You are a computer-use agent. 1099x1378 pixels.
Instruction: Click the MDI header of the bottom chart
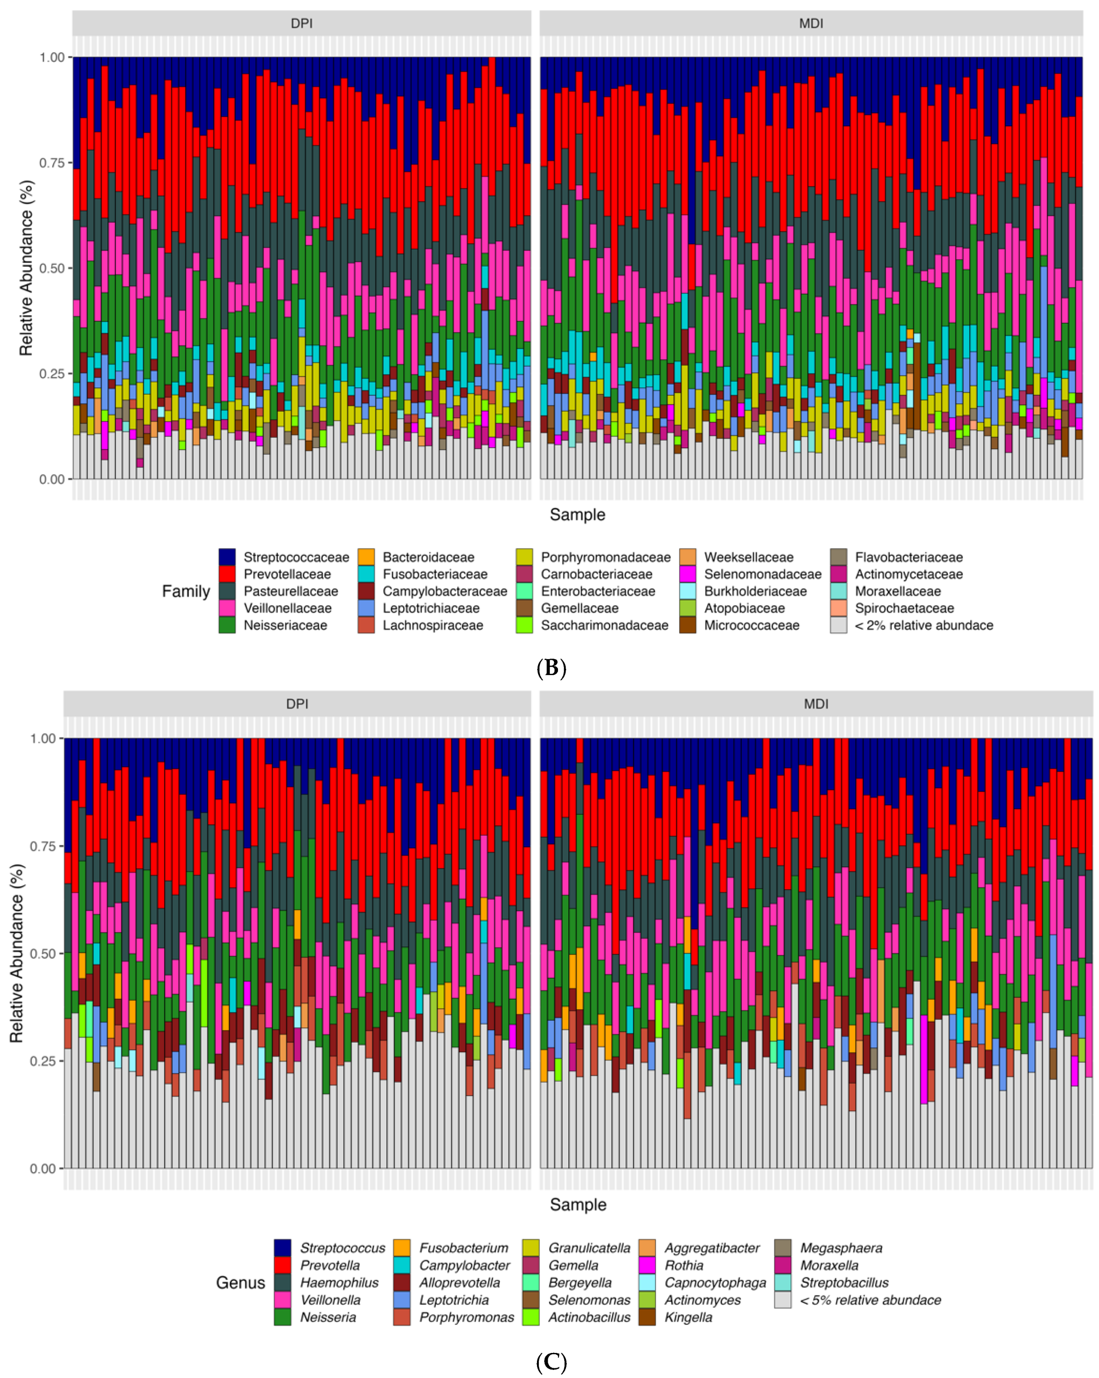[815, 704]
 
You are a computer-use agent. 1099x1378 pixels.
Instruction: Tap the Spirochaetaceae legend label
[904, 608]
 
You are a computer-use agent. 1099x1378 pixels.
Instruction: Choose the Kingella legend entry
[688, 1317]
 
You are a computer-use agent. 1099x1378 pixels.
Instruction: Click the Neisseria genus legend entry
[328, 1317]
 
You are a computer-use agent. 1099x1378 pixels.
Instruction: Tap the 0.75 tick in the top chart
[52, 163]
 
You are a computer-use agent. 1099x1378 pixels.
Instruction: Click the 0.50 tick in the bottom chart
[43, 954]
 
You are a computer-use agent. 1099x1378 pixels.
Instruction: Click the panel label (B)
[551, 668]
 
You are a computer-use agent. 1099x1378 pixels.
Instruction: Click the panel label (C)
[551, 1362]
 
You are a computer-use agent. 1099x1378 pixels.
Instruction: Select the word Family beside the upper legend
[185, 591]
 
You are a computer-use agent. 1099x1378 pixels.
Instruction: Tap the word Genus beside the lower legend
[240, 1283]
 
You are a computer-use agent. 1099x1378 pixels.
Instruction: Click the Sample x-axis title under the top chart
[577, 514]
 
